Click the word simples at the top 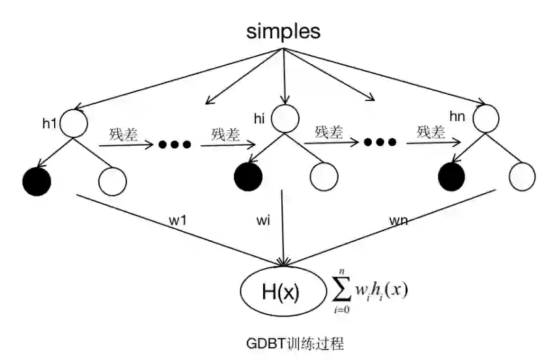click(x=283, y=32)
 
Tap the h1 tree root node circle click(x=74, y=123)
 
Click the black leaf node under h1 click(x=36, y=180)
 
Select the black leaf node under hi click(x=248, y=174)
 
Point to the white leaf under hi click(x=323, y=174)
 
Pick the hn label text click(x=459, y=115)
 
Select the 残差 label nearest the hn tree click(x=431, y=132)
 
